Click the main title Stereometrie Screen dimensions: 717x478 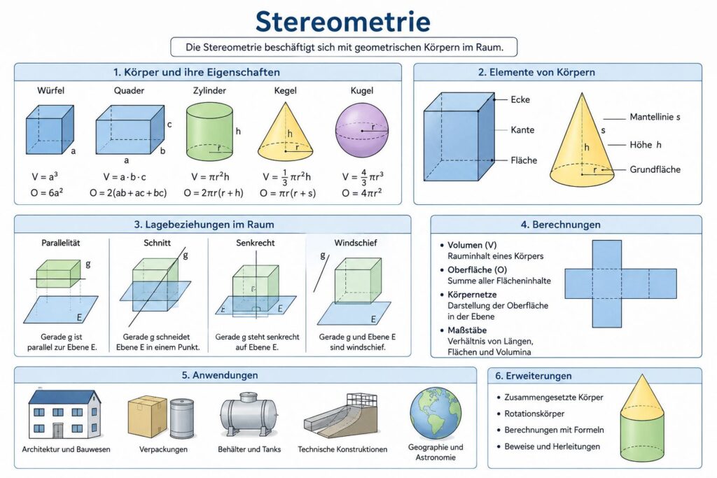coord(343,21)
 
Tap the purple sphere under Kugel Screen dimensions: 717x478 coord(362,130)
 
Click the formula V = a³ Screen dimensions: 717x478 coord(45,177)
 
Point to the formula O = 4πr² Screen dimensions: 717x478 coord(362,193)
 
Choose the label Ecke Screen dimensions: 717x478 coord(520,99)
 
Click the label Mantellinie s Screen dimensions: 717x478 coord(655,117)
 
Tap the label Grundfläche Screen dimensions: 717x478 coord(655,169)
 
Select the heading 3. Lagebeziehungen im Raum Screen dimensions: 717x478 coord(204,225)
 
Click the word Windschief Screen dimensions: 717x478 coord(355,243)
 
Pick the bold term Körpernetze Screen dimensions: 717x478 coord(472,295)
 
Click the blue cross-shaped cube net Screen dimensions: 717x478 coord(620,283)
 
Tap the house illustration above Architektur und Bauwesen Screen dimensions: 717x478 coord(65,414)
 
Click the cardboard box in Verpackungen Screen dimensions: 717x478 coord(147,416)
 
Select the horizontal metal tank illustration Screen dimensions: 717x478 coord(249,415)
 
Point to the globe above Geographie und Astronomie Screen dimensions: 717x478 coord(436,414)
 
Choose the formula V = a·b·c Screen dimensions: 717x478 coord(125,177)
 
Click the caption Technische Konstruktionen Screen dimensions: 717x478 coord(342,449)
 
